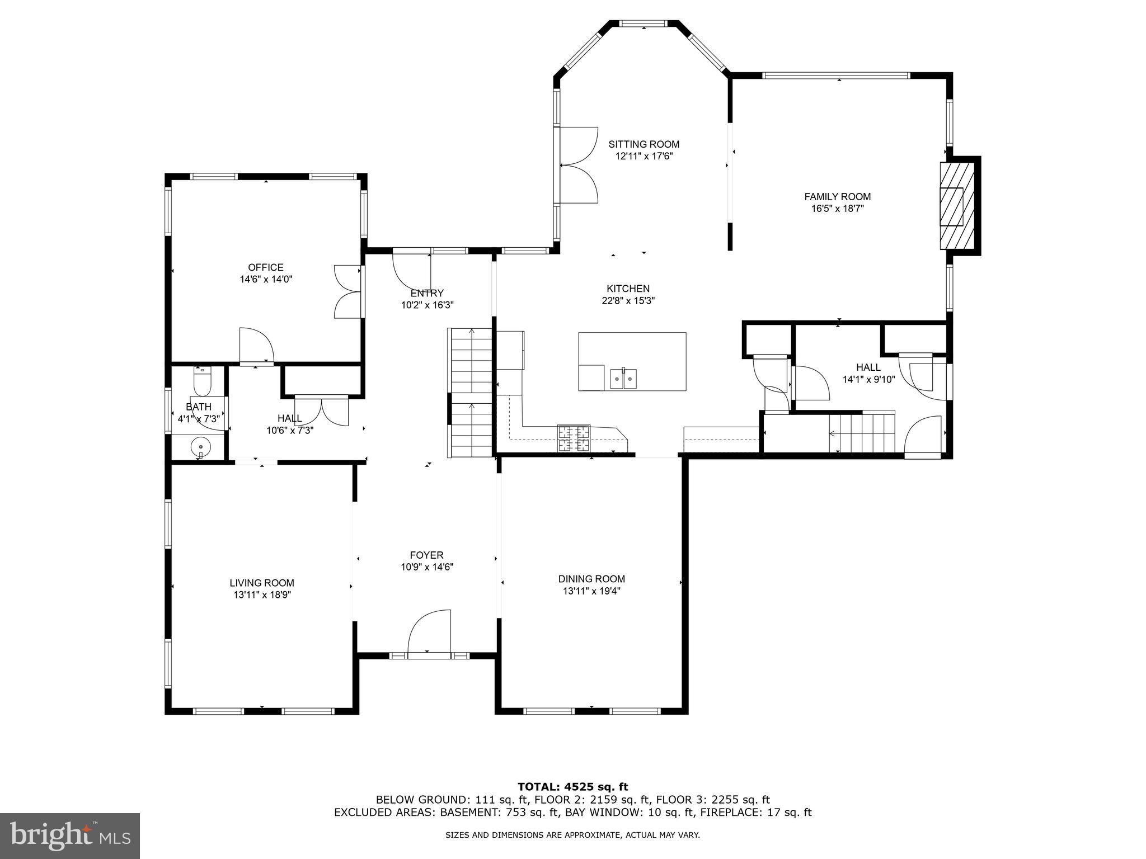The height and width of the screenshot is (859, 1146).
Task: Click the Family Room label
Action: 837,196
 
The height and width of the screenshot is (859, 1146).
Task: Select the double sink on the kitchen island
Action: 623,379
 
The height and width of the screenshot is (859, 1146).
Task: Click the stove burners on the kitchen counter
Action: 574,438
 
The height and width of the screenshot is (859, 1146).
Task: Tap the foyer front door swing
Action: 430,632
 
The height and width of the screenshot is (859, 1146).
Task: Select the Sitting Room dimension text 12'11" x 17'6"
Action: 644,157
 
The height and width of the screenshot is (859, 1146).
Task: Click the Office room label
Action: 266,267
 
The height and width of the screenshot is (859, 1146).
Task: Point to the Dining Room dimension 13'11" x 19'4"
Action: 591,591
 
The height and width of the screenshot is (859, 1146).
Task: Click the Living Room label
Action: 262,583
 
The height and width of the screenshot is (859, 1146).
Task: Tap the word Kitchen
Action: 628,289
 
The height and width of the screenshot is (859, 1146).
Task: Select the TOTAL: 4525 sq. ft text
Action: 572,787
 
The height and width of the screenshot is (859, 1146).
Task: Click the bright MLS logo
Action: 70,836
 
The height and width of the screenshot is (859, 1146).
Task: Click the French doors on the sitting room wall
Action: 578,165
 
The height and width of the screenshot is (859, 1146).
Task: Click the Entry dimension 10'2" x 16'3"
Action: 427,305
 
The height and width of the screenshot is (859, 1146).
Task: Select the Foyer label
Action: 426,555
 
